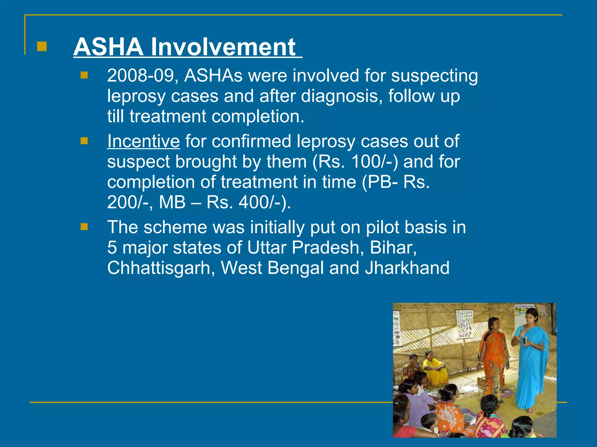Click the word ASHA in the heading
pos(108,47)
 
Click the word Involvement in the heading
pos(223,47)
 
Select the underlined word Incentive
pos(143,141)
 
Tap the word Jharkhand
pos(407,268)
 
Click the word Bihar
pos(393,248)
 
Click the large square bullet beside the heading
pos(42,47)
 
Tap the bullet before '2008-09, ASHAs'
pos(84,76)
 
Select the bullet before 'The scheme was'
pos(84,227)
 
